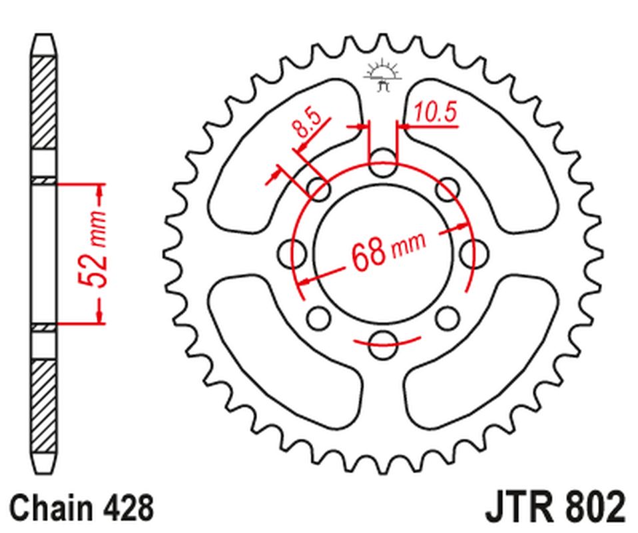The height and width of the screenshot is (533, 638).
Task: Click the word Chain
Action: [x=50, y=508]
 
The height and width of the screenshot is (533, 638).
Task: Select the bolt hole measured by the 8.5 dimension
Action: [x=318, y=190]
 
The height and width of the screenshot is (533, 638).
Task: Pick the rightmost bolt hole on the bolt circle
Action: [x=474, y=251]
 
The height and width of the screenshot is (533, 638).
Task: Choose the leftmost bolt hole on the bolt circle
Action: [x=289, y=251]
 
